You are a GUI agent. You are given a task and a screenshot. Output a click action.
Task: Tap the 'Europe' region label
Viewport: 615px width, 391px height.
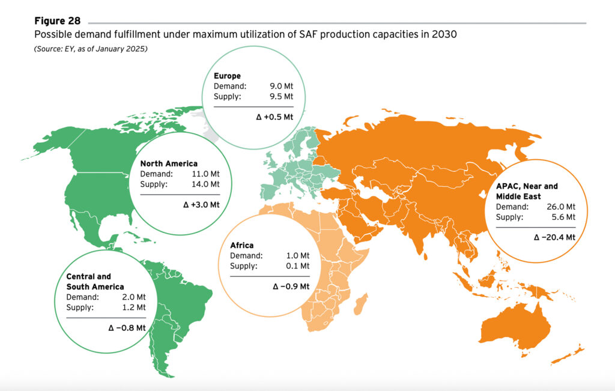pos(227,76)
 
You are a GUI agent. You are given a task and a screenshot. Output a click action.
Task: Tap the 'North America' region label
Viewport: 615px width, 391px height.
pos(168,163)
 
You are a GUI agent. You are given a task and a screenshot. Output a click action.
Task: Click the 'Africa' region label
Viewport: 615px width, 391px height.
pos(241,245)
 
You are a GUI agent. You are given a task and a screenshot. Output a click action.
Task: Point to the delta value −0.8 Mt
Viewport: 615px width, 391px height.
pos(127,327)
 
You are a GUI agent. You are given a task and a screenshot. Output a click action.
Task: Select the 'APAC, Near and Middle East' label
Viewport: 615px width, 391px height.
pos(526,192)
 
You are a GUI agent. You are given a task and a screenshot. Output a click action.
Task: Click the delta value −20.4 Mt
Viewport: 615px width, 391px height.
pos(554,237)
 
